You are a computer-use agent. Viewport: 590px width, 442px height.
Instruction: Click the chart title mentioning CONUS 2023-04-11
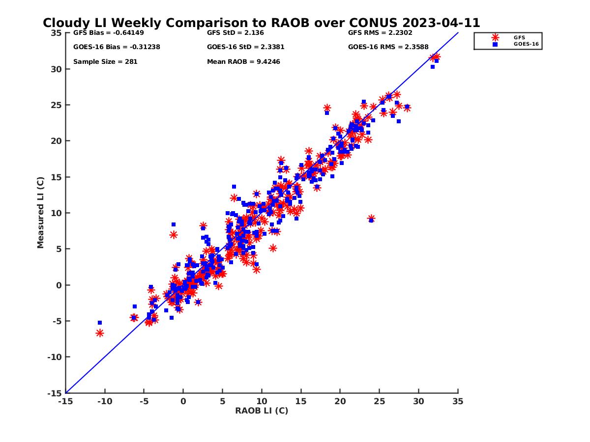[261, 23]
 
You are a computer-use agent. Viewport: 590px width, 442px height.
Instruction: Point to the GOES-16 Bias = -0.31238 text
[117, 47]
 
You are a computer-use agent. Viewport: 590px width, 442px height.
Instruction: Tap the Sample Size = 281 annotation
[105, 62]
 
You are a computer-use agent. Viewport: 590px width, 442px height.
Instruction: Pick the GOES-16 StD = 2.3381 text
[245, 47]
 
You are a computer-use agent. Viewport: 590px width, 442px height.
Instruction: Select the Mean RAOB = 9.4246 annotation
[243, 62]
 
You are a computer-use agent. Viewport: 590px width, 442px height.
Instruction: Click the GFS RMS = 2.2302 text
[380, 33]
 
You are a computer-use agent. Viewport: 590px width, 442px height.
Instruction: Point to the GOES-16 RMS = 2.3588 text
[388, 47]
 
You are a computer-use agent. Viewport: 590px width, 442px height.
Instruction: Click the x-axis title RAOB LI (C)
[262, 411]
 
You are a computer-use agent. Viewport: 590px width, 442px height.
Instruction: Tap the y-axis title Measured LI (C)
[40, 213]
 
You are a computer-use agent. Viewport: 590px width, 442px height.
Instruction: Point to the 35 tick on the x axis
[458, 401]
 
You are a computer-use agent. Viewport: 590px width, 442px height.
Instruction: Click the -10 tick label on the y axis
[54, 357]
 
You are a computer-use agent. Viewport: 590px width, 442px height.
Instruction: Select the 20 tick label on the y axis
[56, 141]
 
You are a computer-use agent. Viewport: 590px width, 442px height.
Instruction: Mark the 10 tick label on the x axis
[262, 401]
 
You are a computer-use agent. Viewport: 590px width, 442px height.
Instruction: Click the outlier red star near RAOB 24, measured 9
[371, 219]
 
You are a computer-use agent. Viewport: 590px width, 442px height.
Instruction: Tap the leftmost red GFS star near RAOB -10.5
[100, 333]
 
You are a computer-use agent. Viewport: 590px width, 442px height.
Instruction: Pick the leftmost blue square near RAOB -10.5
[100, 323]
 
